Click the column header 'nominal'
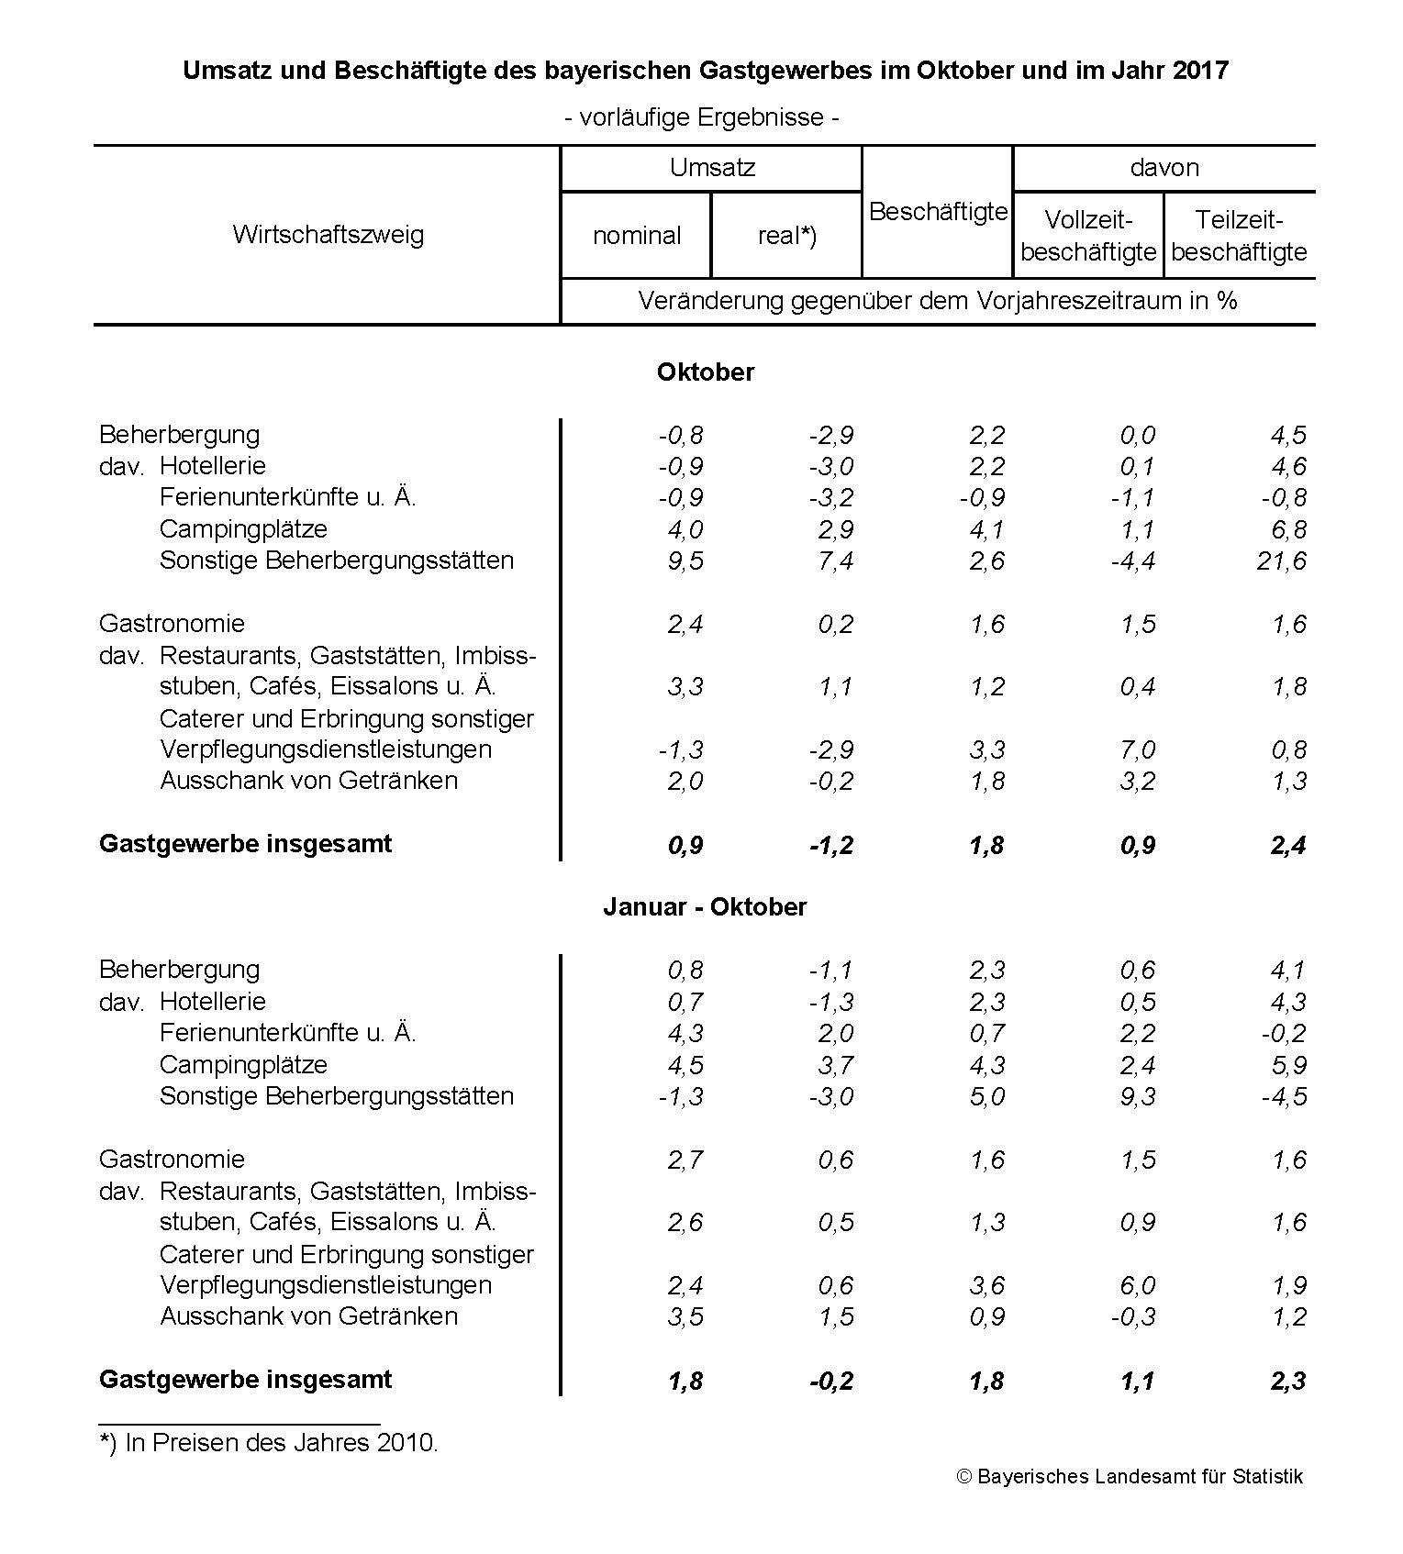[x=637, y=236]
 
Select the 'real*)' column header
[x=786, y=236]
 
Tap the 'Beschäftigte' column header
[x=938, y=212]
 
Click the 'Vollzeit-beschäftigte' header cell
[x=1088, y=236]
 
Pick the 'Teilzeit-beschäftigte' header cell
[x=1239, y=236]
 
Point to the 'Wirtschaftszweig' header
[x=328, y=234]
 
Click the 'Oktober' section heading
[x=705, y=372]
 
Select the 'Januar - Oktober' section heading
[x=705, y=907]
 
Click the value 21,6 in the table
[x=1281, y=561]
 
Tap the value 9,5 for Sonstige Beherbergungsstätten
[x=685, y=561]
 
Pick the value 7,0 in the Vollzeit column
[x=1137, y=749]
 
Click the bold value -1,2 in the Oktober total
[x=831, y=845]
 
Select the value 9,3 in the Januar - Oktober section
[x=1137, y=1096]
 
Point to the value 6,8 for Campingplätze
[x=1288, y=529]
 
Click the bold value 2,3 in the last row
[x=1288, y=1381]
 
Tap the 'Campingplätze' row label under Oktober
[x=243, y=529]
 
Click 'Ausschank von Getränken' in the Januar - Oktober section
[x=308, y=1316]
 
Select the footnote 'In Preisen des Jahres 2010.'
[x=282, y=1443]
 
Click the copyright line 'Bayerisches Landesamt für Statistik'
[x=1130, y=1476]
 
